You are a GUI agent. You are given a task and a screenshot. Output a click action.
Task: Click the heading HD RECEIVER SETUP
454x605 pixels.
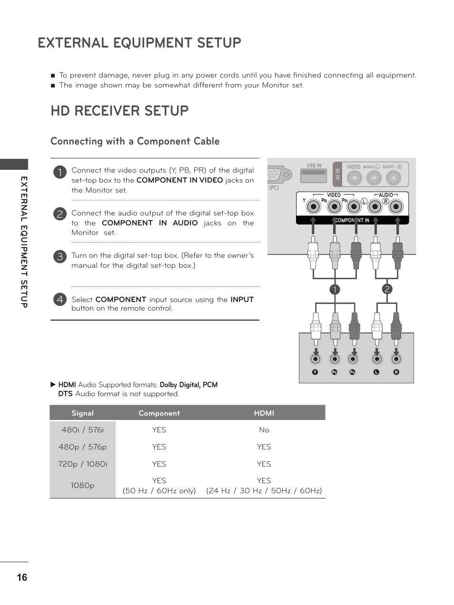click(x=119, y=111)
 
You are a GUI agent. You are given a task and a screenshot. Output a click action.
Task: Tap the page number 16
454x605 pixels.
click(x=22, y=577)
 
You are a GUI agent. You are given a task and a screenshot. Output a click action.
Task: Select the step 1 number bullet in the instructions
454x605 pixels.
click(x=59, y=172)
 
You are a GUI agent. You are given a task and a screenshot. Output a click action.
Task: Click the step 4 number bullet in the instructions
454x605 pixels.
click(x=59, y=299)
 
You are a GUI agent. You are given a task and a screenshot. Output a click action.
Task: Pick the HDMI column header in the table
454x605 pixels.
click(x=264, y=413)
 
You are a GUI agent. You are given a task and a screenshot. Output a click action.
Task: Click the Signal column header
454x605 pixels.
click(x=82, y=413)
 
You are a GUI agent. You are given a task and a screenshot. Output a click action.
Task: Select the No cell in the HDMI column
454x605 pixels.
click(x=264, y=430)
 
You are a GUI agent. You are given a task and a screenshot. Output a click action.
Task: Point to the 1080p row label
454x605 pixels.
click(x=82, y=486)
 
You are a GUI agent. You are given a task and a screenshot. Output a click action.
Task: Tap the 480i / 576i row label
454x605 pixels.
click(x=82, y=430)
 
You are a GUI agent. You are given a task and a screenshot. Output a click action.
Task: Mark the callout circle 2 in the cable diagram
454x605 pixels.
click(x=387, y=289)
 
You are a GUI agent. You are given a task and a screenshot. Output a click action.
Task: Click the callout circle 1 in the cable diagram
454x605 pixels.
click(x=335, y=290)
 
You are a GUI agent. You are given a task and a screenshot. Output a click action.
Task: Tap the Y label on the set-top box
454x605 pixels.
click(x=315, y=372)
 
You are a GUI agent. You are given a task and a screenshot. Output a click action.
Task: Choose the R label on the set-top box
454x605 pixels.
click(x=396, y=372)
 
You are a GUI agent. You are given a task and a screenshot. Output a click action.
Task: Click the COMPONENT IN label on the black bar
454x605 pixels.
click(x=352, y=220)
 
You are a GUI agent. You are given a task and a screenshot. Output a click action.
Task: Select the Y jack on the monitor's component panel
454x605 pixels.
click(x=313, y=206)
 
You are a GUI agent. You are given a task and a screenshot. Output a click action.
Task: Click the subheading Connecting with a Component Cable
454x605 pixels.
click(x=135, y=141)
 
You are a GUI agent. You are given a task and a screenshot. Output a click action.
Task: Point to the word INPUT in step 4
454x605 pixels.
click(x=242, y=300)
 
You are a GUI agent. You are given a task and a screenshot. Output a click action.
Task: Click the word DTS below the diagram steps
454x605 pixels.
click(x=65, y=394)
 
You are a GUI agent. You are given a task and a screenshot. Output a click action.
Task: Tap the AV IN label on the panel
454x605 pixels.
click(x=337, y=174)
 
